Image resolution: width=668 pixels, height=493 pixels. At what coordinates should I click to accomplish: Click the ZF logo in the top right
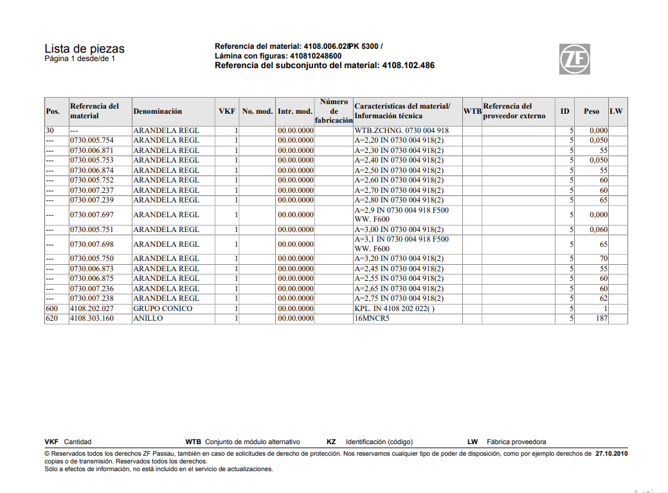pyautogui.click(x=574, y=59)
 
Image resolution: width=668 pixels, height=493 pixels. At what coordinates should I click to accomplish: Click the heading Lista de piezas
pyautogui.click(x=84, y=49)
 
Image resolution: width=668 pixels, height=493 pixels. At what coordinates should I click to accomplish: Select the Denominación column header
pyautogui.click(x=158, y=111)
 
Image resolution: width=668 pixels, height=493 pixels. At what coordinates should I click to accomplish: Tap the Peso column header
pyautogui.click(x=591, y=111)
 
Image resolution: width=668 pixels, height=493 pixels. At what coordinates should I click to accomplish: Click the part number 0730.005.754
pyautogui.click(x=92, y=140)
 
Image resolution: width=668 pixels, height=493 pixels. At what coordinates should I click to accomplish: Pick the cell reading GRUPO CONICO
pyautogui.click(x=163, y=309)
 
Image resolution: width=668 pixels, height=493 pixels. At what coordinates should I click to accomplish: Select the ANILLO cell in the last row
pyautogui.click(x=148, y=318)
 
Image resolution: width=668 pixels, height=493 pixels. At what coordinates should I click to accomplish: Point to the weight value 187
pyautogui.click(x=601, y=318)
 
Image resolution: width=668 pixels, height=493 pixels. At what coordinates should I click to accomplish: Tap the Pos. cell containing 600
pyautogui.click(x=52, y=309)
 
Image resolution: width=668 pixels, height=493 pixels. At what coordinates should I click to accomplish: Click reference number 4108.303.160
pyautogui.click(x=92, y=318)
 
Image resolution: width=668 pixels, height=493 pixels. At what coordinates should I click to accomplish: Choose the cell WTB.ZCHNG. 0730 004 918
pyautogui.click(x=401, y=130)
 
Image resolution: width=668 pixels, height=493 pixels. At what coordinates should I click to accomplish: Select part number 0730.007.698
pyautogui.click(x=92, y=244)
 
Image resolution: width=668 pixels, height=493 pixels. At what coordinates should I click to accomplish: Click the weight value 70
pyautogui.click(x=603, y=258)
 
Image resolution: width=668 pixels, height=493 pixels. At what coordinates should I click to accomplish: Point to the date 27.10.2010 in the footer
pyautogui.click(x=611, y=453)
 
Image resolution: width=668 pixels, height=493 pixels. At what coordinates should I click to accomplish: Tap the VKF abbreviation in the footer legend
pyautogui.click(x=51, y=442)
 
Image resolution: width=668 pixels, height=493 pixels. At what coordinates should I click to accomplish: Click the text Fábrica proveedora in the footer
pyautogui.click(x=516, y=442)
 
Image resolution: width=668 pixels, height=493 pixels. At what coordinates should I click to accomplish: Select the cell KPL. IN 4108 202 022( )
pyautogui.click(x=394, y=309)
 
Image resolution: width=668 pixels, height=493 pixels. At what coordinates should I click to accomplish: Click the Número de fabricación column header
pyautogui.click(x=334, y=111)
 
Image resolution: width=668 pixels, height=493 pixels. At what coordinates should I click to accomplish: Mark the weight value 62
pyautogui.click(x=603, y=298)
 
